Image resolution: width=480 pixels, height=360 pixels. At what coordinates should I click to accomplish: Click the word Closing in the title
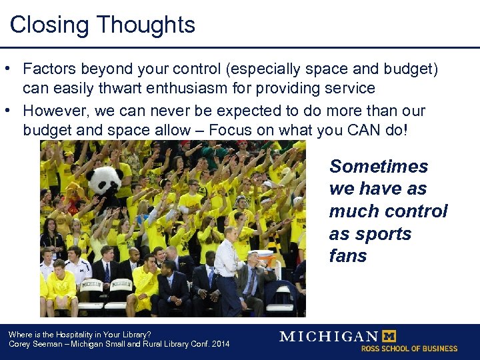pos(49,25)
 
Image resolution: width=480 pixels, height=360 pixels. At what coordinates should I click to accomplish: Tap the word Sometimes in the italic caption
pos(379,166)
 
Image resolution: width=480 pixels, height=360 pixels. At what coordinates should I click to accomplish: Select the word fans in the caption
pos(348,257)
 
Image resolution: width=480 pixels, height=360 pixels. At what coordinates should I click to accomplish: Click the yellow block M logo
pos(388,335)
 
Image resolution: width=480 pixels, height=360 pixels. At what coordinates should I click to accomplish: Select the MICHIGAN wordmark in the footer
pos(329,336)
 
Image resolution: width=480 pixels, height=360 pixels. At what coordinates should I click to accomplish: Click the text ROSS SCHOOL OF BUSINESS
pos(409,348)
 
